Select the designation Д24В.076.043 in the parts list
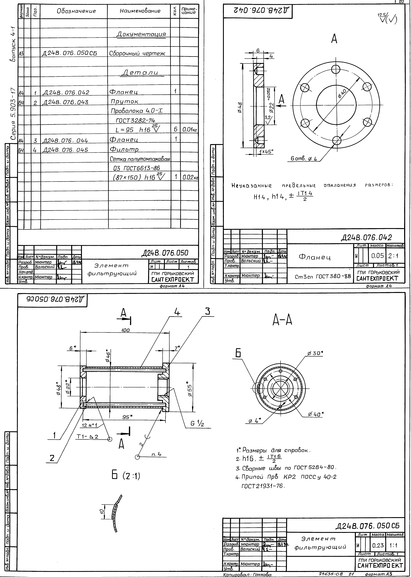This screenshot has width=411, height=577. (66, 102)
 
